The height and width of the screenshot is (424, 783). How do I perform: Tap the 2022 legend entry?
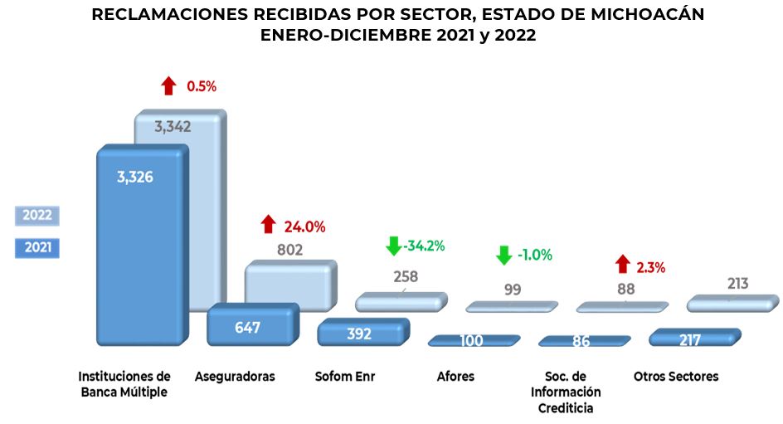(37, 215)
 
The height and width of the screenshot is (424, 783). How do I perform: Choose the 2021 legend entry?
(37, 247)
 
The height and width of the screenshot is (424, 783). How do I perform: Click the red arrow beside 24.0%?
(268, 224)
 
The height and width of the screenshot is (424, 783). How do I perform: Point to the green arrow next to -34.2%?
(393, 246)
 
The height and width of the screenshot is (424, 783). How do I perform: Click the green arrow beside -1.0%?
(503, 255)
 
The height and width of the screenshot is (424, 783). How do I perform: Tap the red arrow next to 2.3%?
(623, 265)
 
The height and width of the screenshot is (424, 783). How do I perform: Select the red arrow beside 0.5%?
(168, 85)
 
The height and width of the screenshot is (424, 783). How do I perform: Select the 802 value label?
(289, 249)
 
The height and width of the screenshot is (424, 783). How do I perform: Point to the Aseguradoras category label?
(235, 377)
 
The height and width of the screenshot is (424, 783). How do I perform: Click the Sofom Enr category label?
(345, 377)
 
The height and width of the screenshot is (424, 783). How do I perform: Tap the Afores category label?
(455, 377)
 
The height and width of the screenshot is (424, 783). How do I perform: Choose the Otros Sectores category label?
(676, 377)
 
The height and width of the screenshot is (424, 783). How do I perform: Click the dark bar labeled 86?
(581, 340)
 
